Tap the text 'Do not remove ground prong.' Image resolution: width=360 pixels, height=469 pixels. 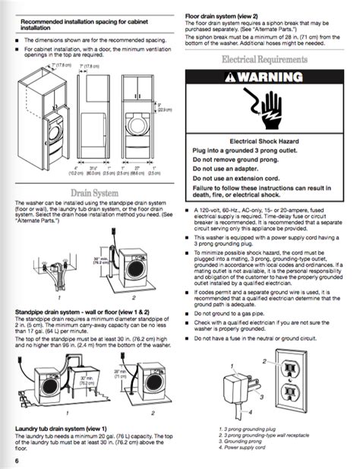(242, 159)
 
